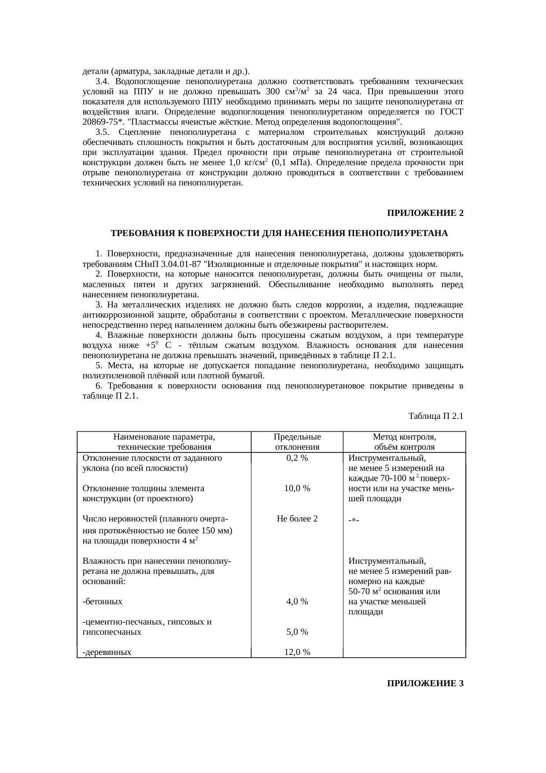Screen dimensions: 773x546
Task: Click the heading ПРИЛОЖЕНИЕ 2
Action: point(425,213)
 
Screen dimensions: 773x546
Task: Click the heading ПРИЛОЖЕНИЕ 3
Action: point(425,684)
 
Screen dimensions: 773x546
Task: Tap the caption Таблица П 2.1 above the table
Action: point(435,416)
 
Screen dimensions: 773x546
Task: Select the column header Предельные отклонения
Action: point(297,442)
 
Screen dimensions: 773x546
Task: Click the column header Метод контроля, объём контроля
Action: point(404,442)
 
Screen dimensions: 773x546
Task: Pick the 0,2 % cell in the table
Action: point(297,458)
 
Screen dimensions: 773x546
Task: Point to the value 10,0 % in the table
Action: point(297,488)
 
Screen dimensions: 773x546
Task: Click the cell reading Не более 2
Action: point(297,518)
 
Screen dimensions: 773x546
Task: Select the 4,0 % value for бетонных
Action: point(297,602)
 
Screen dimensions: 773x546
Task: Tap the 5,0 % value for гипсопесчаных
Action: point(297,632)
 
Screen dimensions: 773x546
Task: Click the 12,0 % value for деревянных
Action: point(297,652)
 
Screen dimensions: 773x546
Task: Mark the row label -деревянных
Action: point(107,652)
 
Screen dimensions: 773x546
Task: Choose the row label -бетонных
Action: point(103,602)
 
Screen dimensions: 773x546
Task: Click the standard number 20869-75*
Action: point(101,122)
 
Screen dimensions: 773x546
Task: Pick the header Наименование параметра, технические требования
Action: point(164,442)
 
